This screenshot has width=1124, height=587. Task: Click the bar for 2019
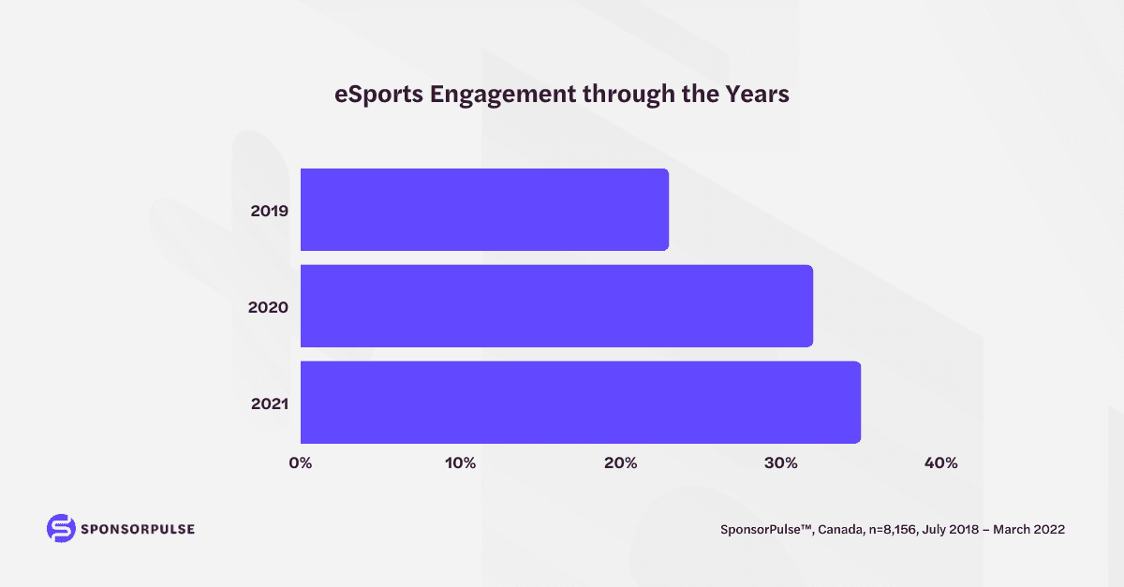[484, 210]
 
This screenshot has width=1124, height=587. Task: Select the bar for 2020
[556, 306]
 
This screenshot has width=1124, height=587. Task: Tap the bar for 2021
[580, 403]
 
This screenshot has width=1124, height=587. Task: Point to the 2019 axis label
[269, 211]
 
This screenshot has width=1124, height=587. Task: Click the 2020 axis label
[269, 307]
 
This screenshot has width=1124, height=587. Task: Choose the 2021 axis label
[269, 404]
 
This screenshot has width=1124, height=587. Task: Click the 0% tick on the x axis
[301, 463]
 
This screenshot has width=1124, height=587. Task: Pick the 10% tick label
[461, 463]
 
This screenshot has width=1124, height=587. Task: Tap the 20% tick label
[621, 463]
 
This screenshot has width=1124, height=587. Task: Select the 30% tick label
[781, 463]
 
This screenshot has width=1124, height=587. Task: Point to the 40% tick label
[940, 463]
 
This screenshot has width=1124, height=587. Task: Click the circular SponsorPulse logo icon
[60, 527]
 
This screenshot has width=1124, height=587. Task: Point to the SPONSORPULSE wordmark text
[137, 528]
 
